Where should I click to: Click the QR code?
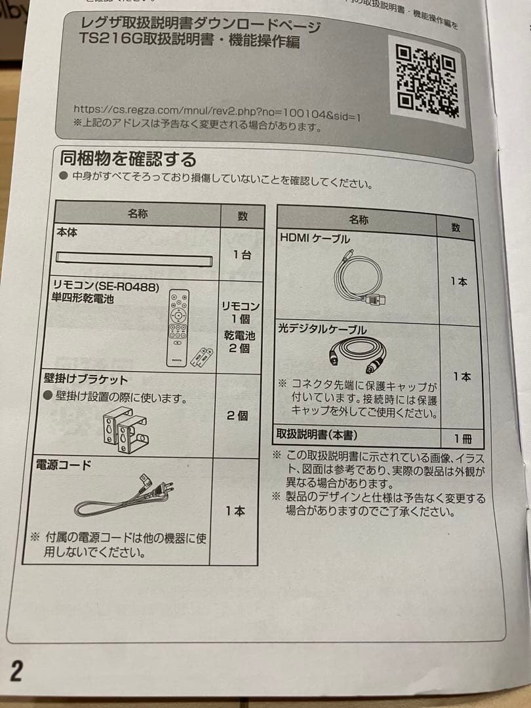click(x=427, y=79)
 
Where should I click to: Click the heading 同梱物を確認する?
click(x=128, y=159)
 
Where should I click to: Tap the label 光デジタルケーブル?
click(x=323, y=328)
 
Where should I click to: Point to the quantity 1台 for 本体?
click(x=241, y=255)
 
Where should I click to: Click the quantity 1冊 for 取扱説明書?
click(x=463, y=439)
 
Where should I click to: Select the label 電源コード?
click(x=64, y=465)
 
